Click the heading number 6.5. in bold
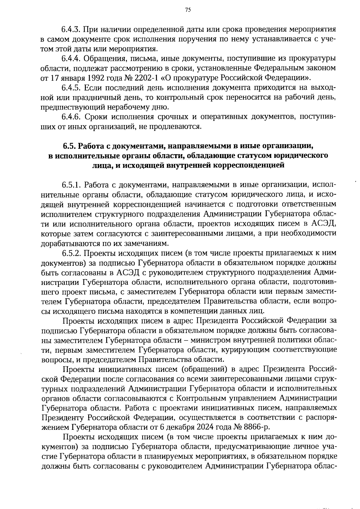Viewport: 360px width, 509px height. coord(69,146)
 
